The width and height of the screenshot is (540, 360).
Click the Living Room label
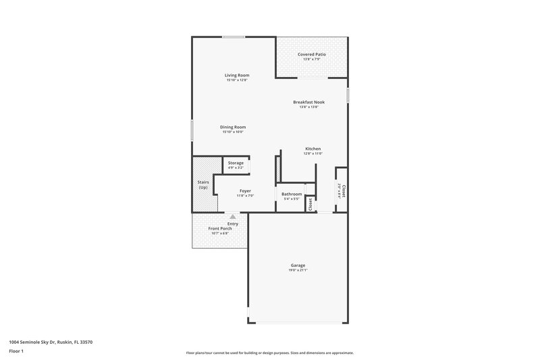(238, 75)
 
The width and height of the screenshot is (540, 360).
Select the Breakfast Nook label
(308, 102)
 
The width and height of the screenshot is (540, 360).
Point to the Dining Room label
(233, 127)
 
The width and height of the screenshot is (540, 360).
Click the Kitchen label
(313, 149)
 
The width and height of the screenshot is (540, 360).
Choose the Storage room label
(236, 163)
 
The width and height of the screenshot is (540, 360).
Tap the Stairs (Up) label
(202, 184)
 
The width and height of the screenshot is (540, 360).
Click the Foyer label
(245, 191)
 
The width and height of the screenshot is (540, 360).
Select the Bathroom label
(292, 194)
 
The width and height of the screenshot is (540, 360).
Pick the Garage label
(298, 265)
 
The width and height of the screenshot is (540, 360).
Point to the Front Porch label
(220, 229)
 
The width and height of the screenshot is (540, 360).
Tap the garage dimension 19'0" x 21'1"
(298, 270)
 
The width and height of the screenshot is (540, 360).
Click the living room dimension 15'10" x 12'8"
(238, 80)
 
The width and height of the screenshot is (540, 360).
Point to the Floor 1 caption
(16, 352)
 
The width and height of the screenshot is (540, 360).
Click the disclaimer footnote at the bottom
(269, 353)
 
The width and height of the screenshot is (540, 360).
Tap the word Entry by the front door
(233, 224)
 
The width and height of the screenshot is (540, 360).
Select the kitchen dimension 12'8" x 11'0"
(313, 153)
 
